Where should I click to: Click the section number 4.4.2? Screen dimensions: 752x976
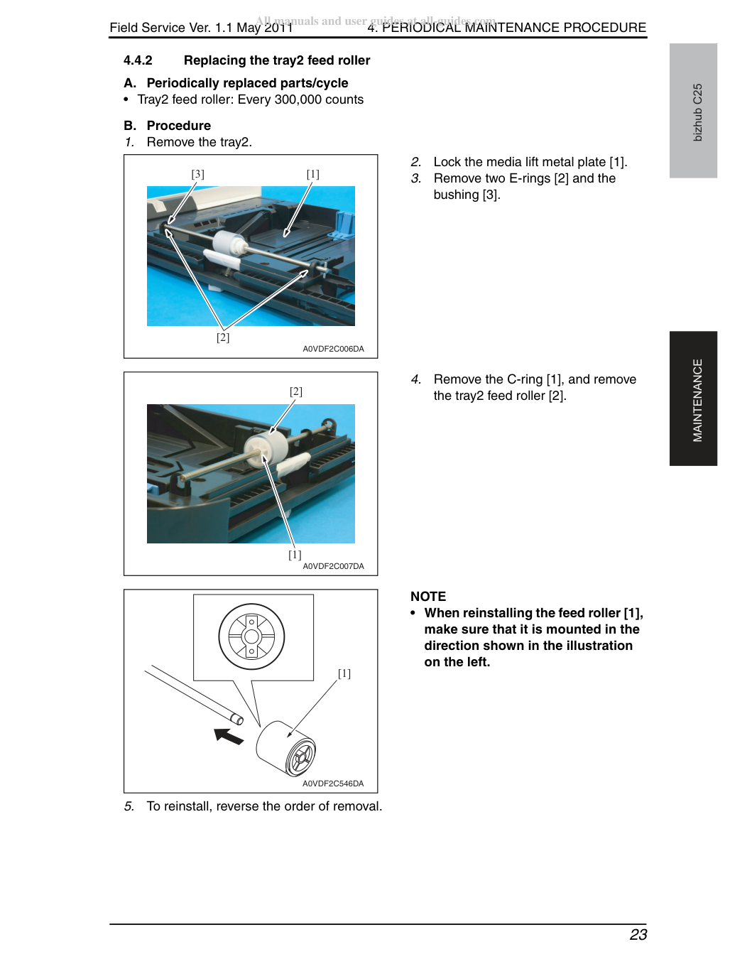(138, 60)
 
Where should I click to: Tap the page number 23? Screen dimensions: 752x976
(638, 934)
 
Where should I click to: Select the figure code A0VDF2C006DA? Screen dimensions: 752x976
(333, 349)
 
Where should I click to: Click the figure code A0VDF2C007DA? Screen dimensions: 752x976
(333, 566)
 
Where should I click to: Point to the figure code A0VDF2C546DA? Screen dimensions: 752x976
(333, 783)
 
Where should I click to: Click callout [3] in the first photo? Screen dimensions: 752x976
(197, 174)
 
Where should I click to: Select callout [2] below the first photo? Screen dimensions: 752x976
(223, 337)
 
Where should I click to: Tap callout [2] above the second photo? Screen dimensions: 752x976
(296, 391)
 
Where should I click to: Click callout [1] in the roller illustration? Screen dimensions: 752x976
(344, 673)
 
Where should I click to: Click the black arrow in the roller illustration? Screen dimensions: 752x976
(229, 736)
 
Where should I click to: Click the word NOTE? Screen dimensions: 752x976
(428, 597)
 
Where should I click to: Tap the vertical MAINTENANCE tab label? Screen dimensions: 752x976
(697, 400)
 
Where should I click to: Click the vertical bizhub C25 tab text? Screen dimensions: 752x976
(697, 112)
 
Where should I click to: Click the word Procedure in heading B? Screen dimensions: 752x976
(179, 125)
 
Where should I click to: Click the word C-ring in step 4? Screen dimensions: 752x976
(525, 379)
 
